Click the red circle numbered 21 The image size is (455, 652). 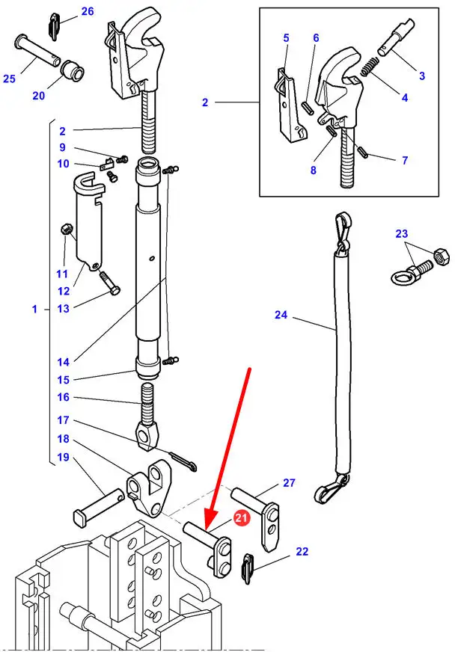pyautogui.click(x=241, y=517)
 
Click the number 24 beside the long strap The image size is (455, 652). pyautogui.click(x=281, y=315)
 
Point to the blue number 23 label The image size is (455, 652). pyautogui.click(x=403, y=234)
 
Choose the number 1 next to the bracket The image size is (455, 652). pyautogui.click(x=34, y=309)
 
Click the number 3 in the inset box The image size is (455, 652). pyautogui.click(x=421, y=76)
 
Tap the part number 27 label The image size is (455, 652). pyautogui.click(x=289, y=483)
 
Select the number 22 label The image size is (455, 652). pyautogui.click(x=302, y=552)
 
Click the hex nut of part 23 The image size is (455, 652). pyautogui.click(x=440, y=257)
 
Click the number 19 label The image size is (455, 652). pyautogui.click(x=63, y=457)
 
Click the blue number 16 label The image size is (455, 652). pyautogui.click(x=63, y=397)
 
